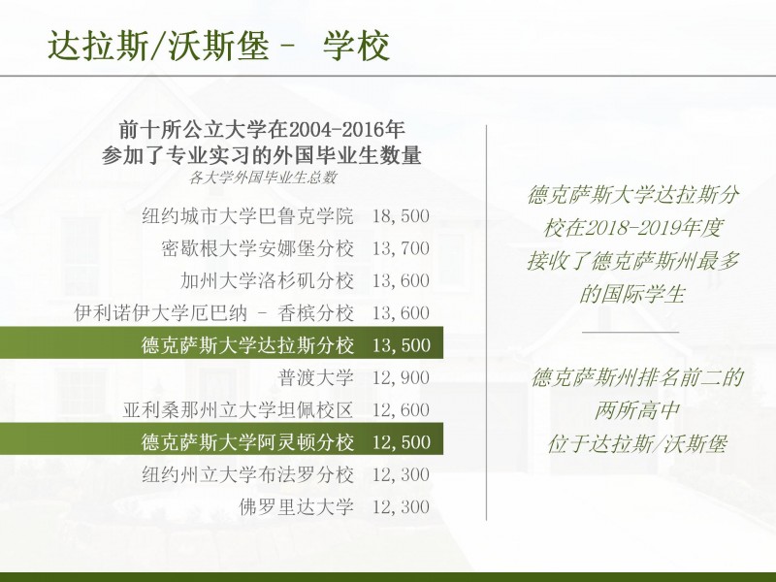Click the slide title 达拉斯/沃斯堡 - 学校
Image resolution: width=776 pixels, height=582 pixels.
tap(219, 46)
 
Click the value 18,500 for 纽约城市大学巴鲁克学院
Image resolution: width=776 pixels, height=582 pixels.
tap(401, 216)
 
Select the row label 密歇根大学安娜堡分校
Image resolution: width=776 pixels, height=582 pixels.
tap(257, 248)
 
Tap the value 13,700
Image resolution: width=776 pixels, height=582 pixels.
tap(401, 248)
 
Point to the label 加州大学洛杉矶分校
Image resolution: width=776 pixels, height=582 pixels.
tap(268, 280)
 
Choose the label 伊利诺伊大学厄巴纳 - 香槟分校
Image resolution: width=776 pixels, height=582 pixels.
tap(214, 312)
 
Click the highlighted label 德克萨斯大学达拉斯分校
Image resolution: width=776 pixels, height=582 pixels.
tap(247, 345)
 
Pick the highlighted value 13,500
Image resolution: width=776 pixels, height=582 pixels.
tap(401, 345)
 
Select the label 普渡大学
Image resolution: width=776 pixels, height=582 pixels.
tap(316, 377)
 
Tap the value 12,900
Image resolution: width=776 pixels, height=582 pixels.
tap(401, 377)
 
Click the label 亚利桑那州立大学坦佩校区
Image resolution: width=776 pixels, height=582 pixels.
tap(238, 409)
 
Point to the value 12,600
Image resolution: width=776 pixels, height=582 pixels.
tap(401, 409)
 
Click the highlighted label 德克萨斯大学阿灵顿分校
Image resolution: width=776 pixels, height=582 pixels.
tap(247, 442)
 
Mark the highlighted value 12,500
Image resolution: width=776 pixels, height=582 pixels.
tap(401, 442)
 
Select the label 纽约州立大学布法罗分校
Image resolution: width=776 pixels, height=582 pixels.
tap(247, 474)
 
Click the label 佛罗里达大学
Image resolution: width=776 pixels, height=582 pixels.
tap(297, 506)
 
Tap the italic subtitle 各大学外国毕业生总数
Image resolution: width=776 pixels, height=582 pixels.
tap(263, 178)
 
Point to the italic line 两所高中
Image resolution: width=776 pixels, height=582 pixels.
tap(637, 410)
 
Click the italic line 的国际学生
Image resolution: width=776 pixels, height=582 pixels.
tap(632, 294)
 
